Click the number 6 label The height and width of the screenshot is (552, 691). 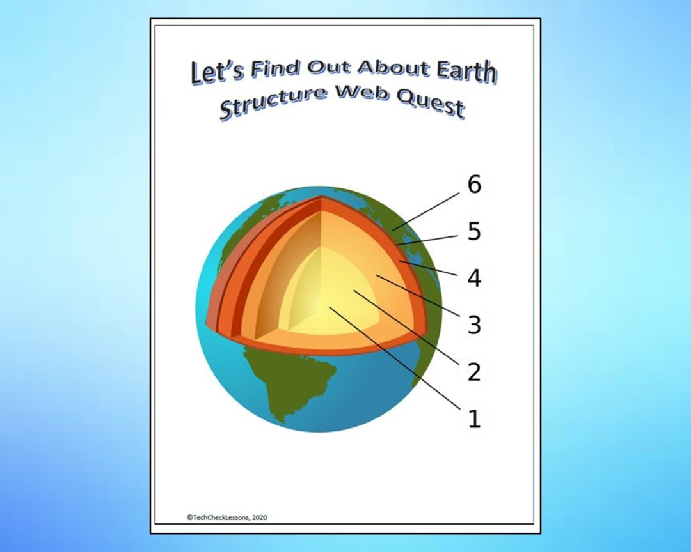[x=474, y=185]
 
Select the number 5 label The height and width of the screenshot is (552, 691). [x=474, y=232]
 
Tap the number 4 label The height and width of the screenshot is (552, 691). [x=474, y=279]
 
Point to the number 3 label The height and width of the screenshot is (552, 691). [x=474, y=325]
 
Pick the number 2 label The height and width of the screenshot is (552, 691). [x=474, y=372]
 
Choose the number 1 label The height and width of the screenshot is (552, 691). [x=474, y=419]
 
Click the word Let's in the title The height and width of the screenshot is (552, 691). [x=218, y=72]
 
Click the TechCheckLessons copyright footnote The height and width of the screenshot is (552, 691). [x=227, y=517]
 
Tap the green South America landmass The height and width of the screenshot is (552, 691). [x=301, y=383]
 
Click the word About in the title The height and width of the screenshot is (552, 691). [x=383, y=66]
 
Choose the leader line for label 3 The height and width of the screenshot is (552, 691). [x=419, y=299]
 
